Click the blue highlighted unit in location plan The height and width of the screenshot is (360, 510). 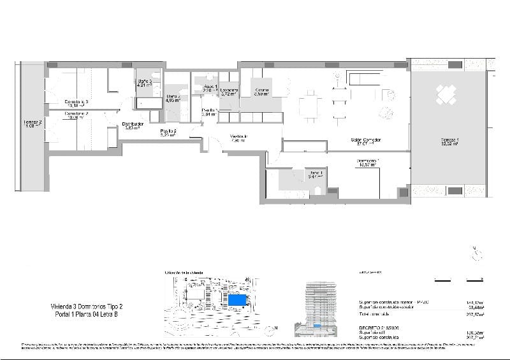click(x=238, y=299)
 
